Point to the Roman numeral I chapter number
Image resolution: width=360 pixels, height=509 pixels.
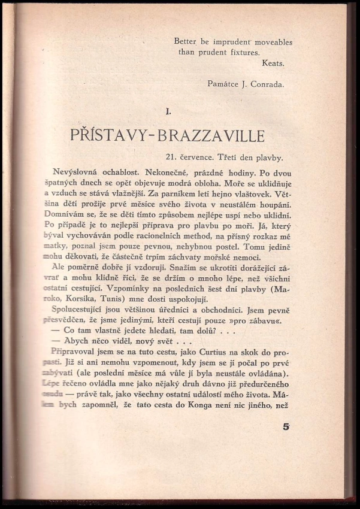[x=169, y=110]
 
